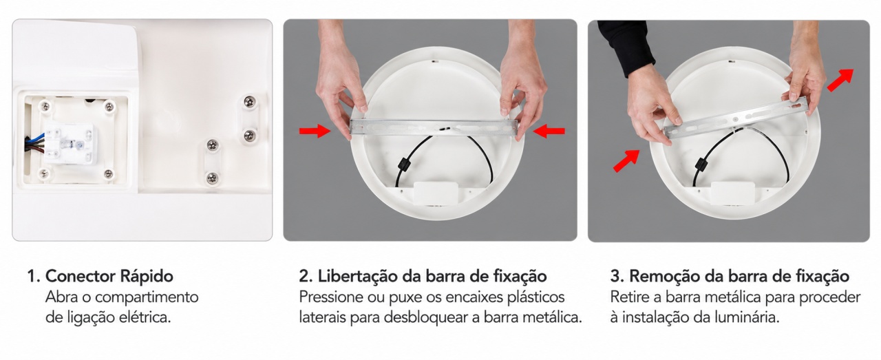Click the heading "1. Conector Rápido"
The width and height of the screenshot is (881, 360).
click(100, 276)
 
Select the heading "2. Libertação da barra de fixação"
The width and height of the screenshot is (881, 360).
click(423, 276)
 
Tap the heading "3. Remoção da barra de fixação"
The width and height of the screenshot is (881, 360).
click(730, 276)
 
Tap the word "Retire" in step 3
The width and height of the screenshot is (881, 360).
click(629, 297)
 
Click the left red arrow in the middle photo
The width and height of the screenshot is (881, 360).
click(315, 131)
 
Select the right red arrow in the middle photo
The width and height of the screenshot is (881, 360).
click(549, 131)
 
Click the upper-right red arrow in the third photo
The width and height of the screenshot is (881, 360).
click(840, 81)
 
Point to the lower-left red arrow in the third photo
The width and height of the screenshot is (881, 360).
click(626, 160)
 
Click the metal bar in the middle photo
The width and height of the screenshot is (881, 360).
click(434, 128)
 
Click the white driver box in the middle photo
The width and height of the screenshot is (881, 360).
click(436, 194)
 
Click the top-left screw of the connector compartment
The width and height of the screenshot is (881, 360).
click(45, 105)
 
